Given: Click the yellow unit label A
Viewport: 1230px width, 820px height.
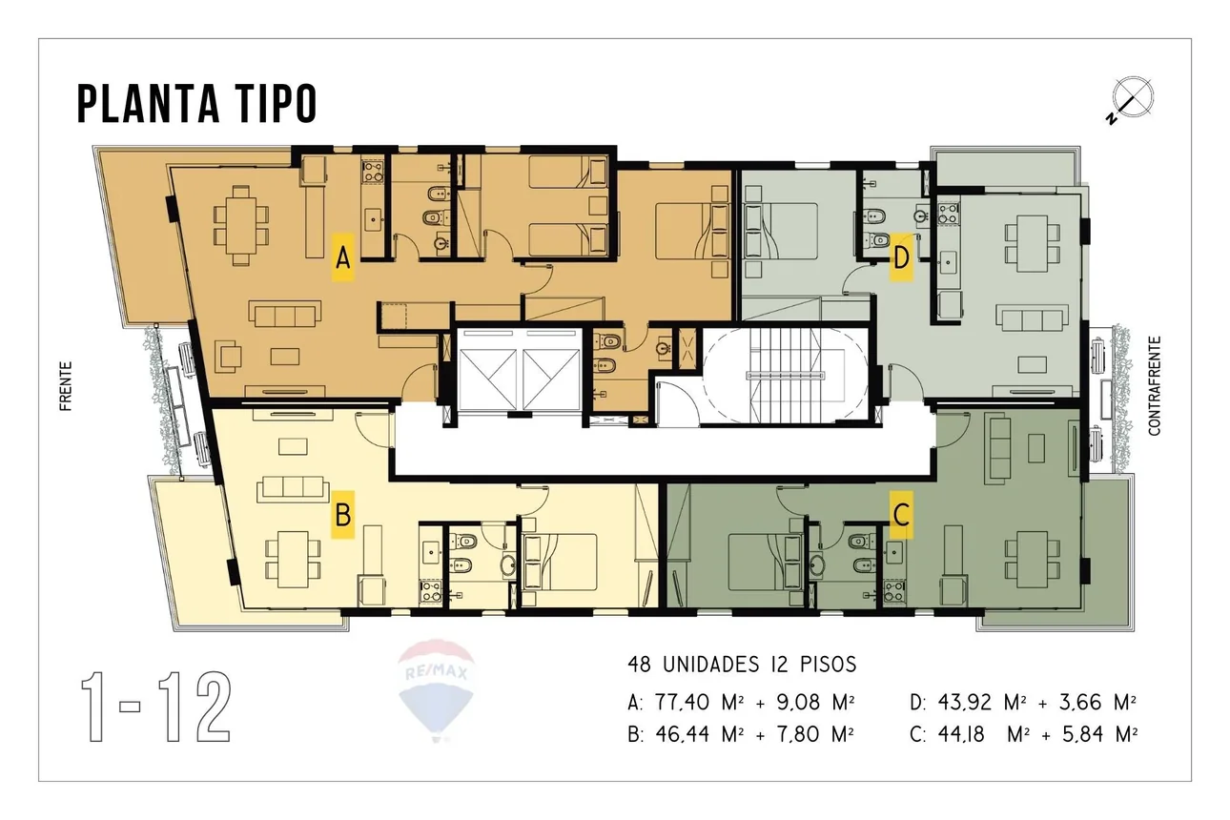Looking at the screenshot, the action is [342, 257].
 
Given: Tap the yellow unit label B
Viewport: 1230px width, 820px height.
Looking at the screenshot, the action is [342, 515].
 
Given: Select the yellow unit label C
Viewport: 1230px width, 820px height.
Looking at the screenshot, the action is [901, 515].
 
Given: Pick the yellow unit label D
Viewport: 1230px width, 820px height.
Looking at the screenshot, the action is [901, 257].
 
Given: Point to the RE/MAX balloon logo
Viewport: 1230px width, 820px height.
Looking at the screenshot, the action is [437, 689].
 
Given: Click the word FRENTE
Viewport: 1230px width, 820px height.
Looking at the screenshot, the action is [66, 386].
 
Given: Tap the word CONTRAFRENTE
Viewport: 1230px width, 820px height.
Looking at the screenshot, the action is [1155, 386].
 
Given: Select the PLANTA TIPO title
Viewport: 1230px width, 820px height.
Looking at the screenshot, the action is [197, 103].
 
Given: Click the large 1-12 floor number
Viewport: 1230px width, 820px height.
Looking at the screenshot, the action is [156, 707].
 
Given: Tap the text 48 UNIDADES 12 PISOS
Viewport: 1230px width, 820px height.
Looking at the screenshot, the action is [742, 665].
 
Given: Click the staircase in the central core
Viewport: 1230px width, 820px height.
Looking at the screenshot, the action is [786, 376].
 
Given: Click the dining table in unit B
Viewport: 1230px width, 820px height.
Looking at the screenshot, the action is [293, 559].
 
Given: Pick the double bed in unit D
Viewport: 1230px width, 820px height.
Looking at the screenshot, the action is [780, 232].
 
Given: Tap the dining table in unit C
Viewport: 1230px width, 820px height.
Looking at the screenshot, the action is [1033, 559].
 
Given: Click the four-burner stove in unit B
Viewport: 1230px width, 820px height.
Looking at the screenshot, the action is [431, 591].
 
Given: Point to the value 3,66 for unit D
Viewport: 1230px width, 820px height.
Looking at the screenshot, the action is [1080, 703].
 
